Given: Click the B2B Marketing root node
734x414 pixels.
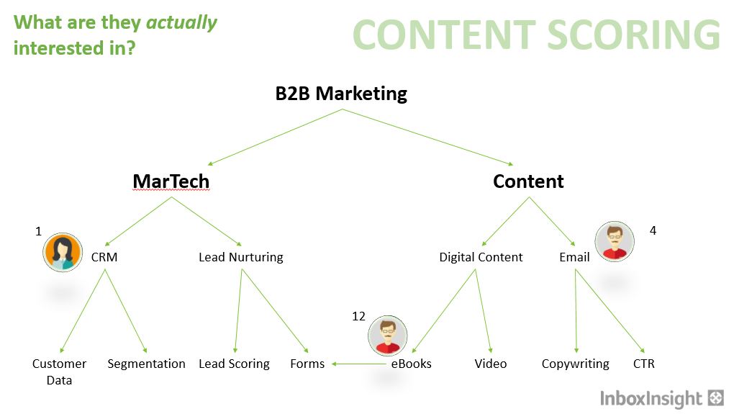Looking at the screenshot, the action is click(x=341, y=94).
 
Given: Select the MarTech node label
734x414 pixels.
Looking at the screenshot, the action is click(x=171, y=181).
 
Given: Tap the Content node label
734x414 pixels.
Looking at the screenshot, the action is click(x=528, y=181).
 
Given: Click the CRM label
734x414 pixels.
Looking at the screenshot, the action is click(x=104, y=257).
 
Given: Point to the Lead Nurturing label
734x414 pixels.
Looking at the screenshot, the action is click(x=240, y=257).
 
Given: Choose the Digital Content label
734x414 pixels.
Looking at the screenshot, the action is click(x=481, y=257).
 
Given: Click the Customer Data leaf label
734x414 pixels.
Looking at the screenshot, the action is click(x=59, y=372).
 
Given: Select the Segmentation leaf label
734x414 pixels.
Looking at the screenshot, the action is click(x=146, y=364).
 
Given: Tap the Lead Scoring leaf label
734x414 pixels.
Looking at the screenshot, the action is click(x=234, y=364).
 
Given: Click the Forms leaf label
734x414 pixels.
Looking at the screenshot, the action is click(x=307, y=364).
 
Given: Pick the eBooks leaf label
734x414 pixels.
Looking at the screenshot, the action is click(x=411, y=364).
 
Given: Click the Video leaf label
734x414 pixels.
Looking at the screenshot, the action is click(x=490, y=364).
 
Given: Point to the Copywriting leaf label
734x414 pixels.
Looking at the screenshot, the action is click(x=575, y=364).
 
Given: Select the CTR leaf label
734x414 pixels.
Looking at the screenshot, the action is click(x=643, y=364).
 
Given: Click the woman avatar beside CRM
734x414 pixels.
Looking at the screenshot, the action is click(x=63, y=252).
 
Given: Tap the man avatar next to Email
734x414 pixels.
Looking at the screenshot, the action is click(x=614, y=241).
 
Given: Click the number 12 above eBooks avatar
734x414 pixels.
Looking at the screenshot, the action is click(x=358, y=317).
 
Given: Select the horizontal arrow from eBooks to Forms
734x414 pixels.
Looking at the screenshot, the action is click(x=359, y=364).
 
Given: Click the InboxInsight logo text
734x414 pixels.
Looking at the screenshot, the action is click(x=651, y=399).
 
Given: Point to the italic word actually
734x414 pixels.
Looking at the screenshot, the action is click(x=181, y=23).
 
